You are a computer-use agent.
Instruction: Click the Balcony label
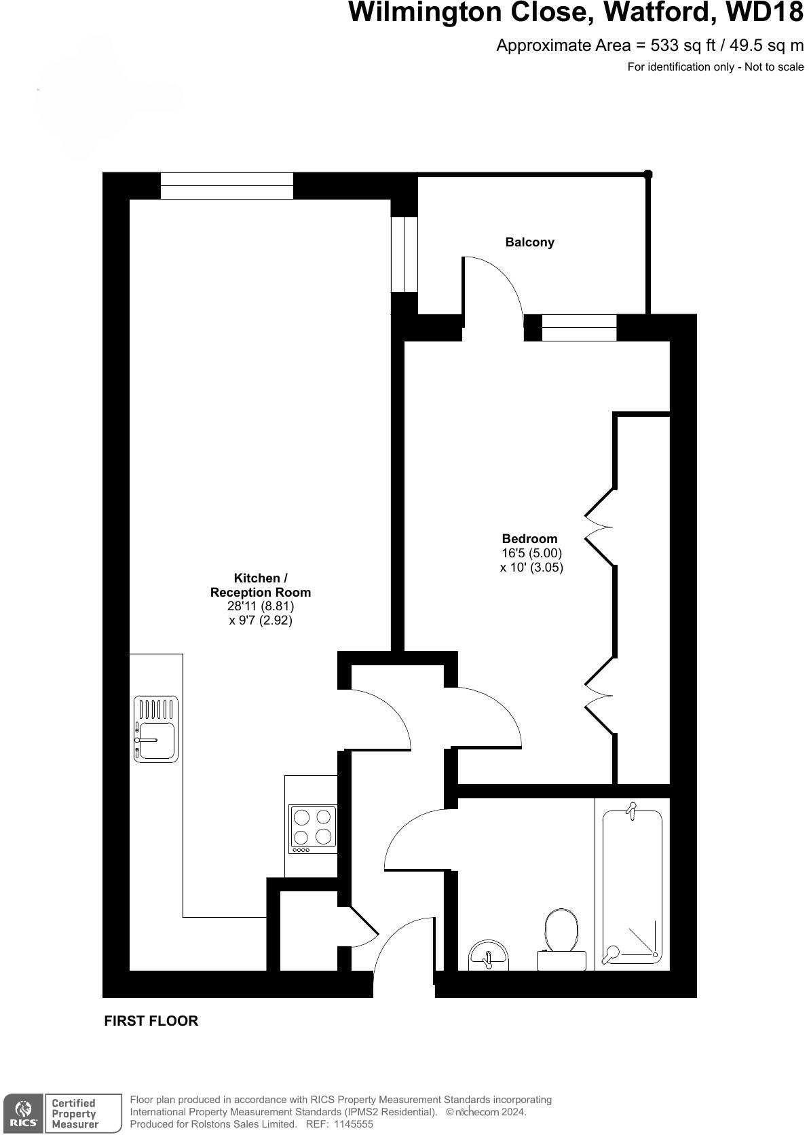(529, 242)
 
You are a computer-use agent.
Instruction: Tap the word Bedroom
(529, 539)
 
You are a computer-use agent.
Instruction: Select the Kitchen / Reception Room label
(261, 585)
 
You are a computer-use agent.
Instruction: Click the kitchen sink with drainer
(156, 729)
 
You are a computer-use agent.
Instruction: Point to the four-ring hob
(313, 829)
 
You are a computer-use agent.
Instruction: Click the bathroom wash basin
(488, 954)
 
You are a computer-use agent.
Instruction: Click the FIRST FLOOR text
(151, 1021)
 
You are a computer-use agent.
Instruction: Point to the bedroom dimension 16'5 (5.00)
(531, 553)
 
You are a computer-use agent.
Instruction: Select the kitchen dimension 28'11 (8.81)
(261, 606)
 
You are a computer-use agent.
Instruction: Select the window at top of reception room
(227, 185)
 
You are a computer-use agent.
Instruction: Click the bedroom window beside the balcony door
(579, 328)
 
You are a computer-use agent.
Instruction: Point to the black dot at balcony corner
(647, 174)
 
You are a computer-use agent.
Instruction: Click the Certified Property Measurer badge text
(75, 1114)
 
